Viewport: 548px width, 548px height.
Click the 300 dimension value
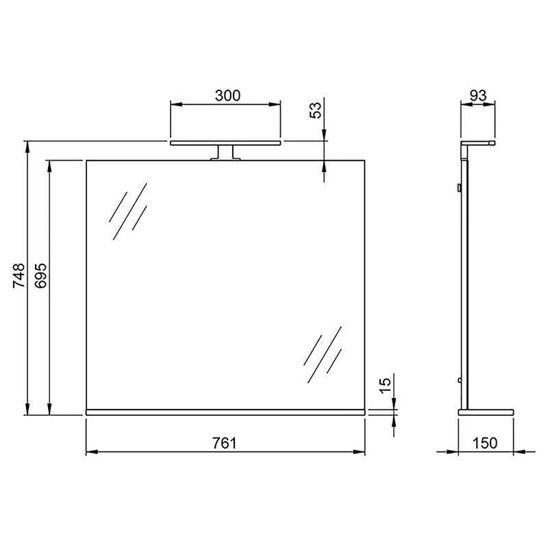(x=227, y=95)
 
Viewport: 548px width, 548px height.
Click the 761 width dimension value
(x=224, y=443)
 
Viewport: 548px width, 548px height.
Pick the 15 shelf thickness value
(x=385, y=385)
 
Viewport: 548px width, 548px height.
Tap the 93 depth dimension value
(x=478, y=95)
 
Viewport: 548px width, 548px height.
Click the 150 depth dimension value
(x=486, y=443)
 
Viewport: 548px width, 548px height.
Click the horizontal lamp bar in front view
(x=225, y=143)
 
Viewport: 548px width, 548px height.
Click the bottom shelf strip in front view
(x=225, y=412)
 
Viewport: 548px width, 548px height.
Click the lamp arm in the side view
(x=478, y=143)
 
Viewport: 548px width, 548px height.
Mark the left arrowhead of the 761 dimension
(x=91, y=452)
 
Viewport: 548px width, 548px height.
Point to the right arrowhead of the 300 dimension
(x=275, y=104)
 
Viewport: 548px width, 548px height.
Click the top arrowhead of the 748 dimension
(x=27, y=146)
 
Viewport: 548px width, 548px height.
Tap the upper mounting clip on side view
(x=458, y=187)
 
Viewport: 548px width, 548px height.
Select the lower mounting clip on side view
(x=458, y=381)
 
